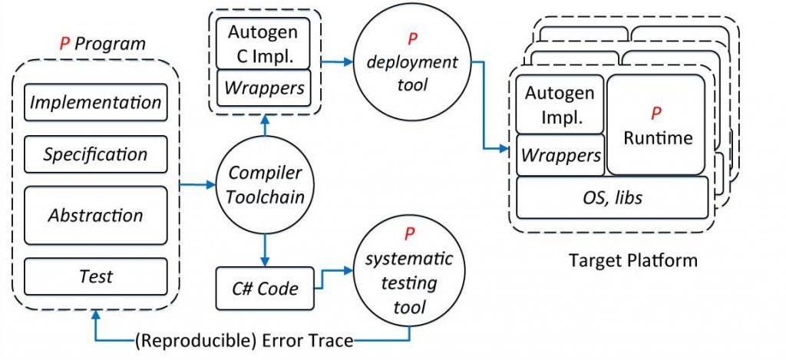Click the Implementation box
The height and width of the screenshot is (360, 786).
coord(96,102)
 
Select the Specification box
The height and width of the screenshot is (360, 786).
coord(96,154)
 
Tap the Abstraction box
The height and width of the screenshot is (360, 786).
coord(96,215)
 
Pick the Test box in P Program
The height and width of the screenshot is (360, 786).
coord(96,276)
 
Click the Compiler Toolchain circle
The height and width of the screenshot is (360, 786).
coord(266,185)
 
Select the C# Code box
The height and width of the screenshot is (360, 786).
coord(266,289)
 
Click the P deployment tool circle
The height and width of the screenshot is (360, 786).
coord(405,63)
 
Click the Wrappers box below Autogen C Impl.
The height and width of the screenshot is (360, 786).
coord(263,88)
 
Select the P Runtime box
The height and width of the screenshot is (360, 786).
coord(656,125)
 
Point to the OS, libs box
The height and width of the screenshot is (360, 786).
coord(612,197)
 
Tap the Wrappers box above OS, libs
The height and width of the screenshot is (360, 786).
coord(561,155)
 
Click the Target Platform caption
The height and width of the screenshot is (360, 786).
coord(632,259)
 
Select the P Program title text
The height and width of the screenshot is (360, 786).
coord(102,43)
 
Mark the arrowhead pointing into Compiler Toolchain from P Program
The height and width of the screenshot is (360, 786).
coord(213,185)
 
